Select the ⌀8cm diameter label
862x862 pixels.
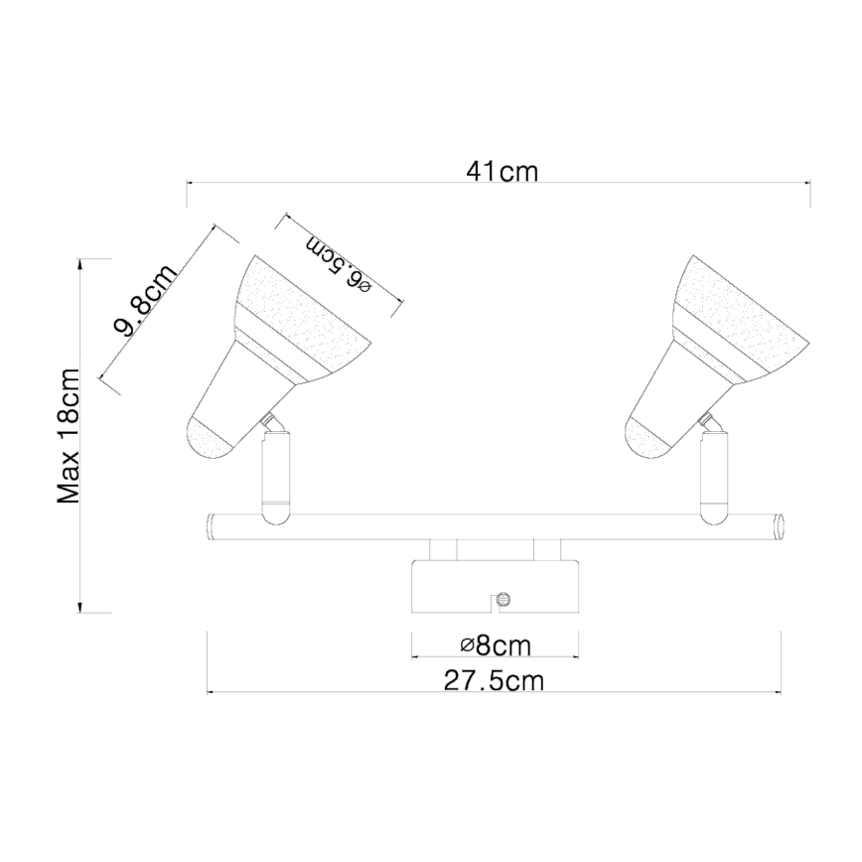coord(496,646)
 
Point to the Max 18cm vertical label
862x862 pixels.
coord(69,436)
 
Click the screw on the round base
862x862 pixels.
coord(503,599)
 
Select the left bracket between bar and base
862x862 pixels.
coord(443,549)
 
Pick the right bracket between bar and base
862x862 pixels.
coord(547,549)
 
